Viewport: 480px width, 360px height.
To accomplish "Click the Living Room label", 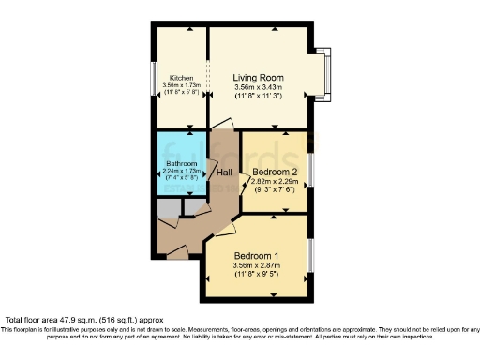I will pos(259,77).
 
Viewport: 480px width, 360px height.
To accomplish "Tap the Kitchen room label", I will pos(181,77).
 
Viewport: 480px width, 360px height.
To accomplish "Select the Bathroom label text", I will pos(181,163).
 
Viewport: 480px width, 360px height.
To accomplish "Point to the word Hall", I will pos(225,172).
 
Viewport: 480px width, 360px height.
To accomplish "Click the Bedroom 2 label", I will pos(277,172).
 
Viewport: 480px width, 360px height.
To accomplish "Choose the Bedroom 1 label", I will pos(257,256).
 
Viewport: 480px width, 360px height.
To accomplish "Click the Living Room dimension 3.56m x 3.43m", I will pos(259,87).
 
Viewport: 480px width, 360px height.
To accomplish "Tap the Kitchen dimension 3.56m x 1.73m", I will pos(182,85).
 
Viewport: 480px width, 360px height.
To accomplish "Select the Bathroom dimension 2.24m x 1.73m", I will pos(181,171).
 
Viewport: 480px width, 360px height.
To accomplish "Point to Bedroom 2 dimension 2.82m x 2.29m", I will pos(277,181).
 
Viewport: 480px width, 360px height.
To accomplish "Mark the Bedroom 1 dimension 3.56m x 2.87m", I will pos(258,265).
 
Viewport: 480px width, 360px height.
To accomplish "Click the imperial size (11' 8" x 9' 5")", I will pos(258,274).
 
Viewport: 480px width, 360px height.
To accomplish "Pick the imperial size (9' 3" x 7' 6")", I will pos(276,189).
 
